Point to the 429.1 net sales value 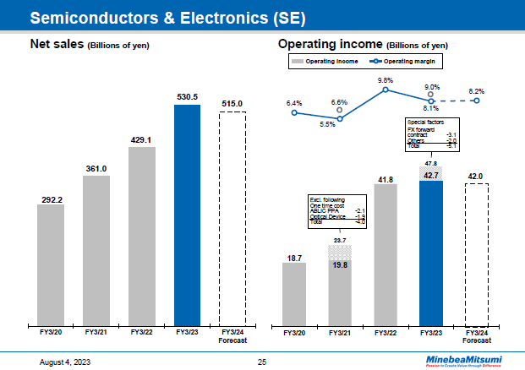click(141, 140)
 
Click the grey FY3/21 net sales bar click(96, 249)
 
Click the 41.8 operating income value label click(386, 179)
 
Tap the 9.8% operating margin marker click(386, 90)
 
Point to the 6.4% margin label click(293, 101)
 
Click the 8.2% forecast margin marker click(477, 101)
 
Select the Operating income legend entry click(325, 62)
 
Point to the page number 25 click(262, 362)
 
